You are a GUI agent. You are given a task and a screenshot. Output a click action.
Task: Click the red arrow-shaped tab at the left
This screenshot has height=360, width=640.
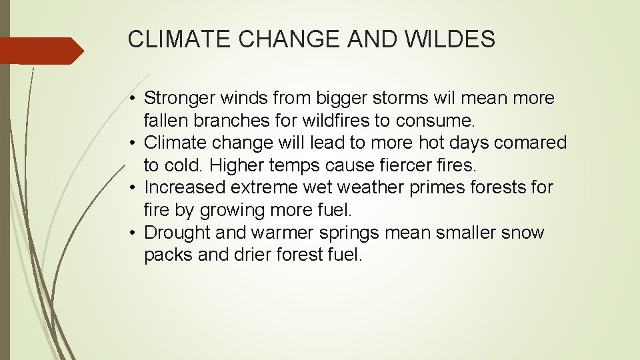point(40,51)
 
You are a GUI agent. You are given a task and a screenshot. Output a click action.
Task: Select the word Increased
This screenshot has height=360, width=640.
point(185,188)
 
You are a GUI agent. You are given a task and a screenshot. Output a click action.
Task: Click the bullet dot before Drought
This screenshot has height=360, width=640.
point(134,233)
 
